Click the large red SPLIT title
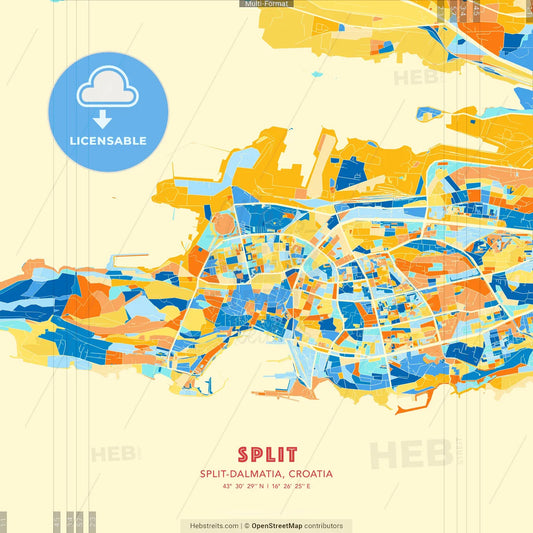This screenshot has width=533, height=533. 266,455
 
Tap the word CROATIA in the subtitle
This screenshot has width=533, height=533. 307,473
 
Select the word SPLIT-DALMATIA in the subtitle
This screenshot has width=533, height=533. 241,473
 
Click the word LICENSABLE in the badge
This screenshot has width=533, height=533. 108,141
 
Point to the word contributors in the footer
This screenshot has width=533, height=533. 324,525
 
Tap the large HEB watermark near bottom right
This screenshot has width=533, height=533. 410,454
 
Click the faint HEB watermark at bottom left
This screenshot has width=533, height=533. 116,454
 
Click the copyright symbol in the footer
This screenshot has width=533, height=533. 246,525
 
